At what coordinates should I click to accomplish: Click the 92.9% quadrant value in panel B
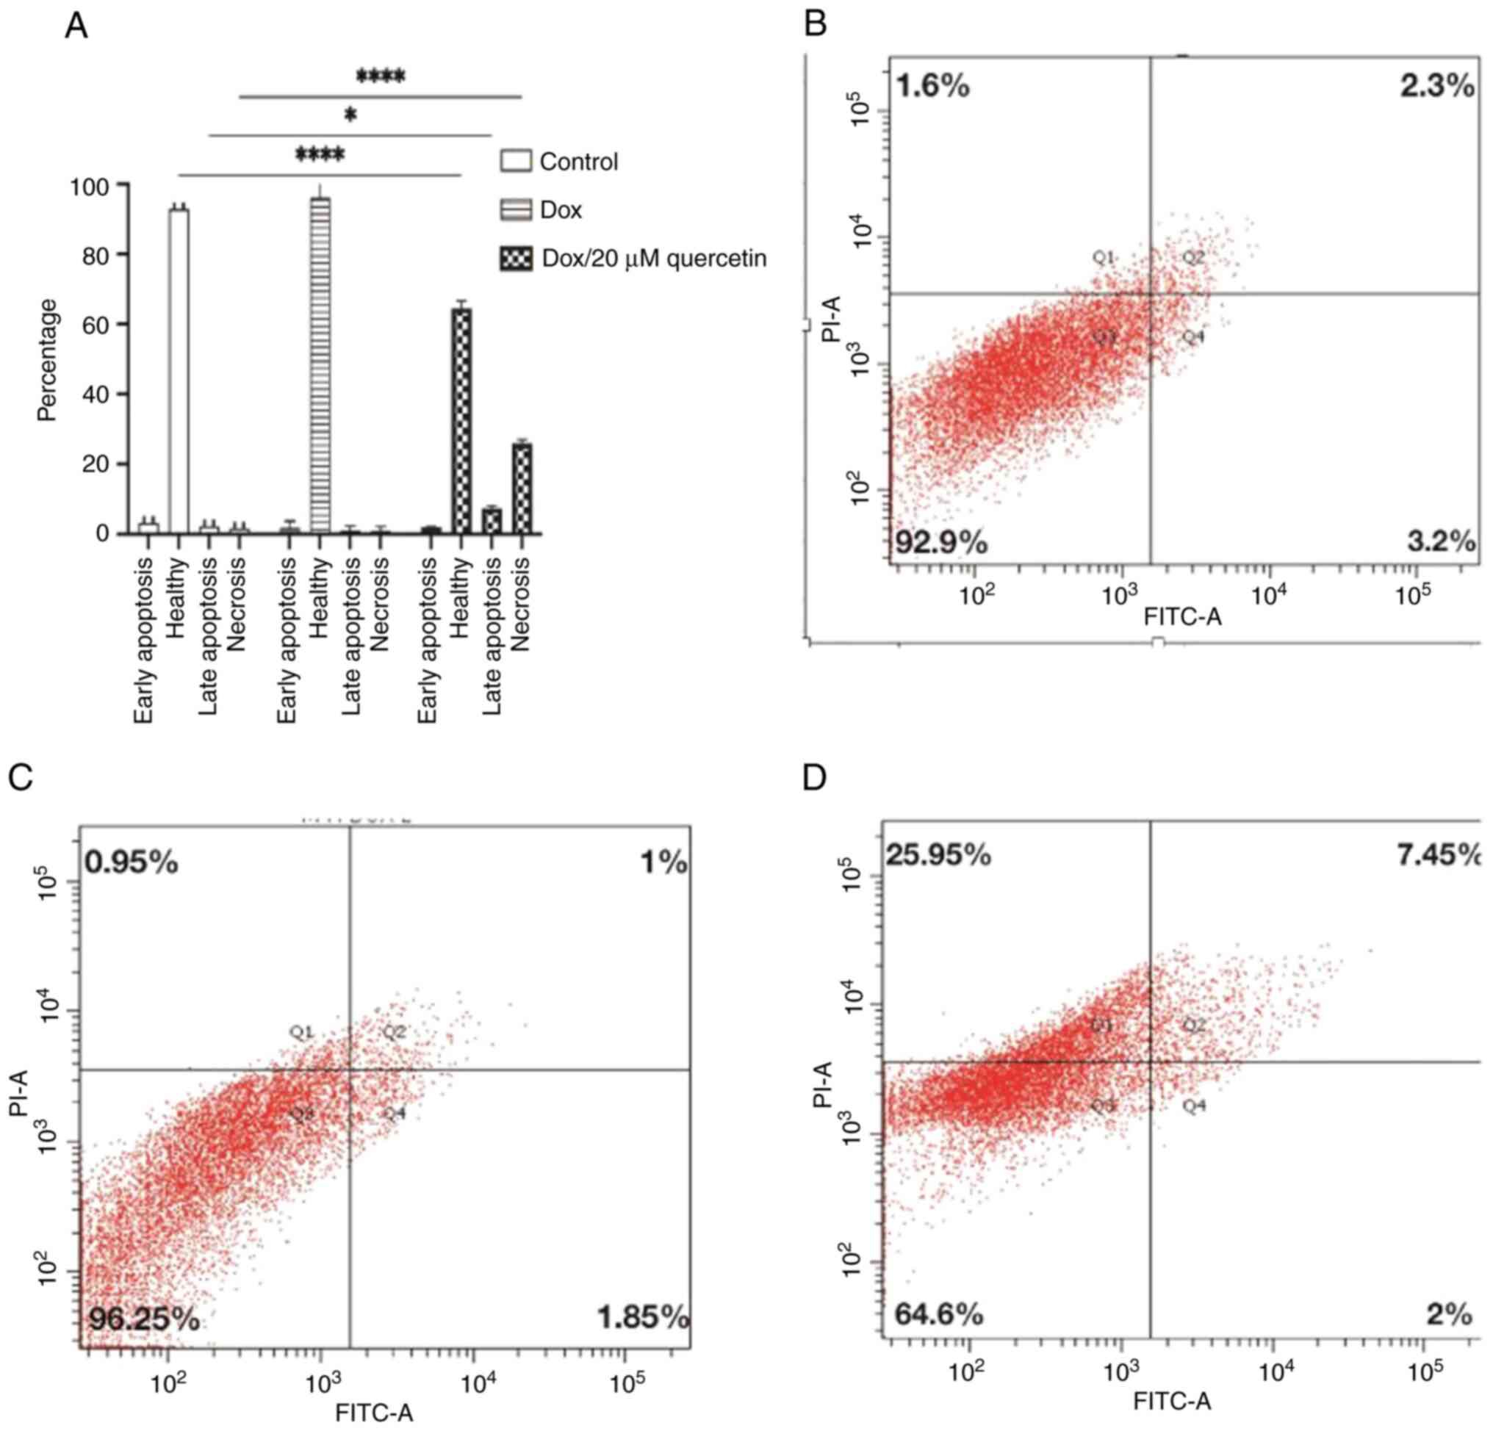coord(941,543)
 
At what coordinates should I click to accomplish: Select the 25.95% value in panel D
coord(938,856)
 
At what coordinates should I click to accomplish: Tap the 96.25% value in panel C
coord(144,1319)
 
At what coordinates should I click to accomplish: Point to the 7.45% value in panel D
coord(1438,856)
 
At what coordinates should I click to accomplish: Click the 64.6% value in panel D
coord(938,1313)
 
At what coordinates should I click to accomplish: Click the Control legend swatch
coord(515,162)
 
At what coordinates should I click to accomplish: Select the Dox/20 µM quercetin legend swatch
coord(515,259)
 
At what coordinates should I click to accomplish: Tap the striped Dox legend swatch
coord(515,209)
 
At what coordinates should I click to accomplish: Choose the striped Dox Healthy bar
coord(320,366)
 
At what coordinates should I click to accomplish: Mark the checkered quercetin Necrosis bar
coord(522,489)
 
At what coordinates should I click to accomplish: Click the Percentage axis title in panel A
coord(47,359)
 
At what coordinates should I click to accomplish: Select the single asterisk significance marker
coord(350,116)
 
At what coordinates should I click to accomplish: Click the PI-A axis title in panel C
coord(19,1092)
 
